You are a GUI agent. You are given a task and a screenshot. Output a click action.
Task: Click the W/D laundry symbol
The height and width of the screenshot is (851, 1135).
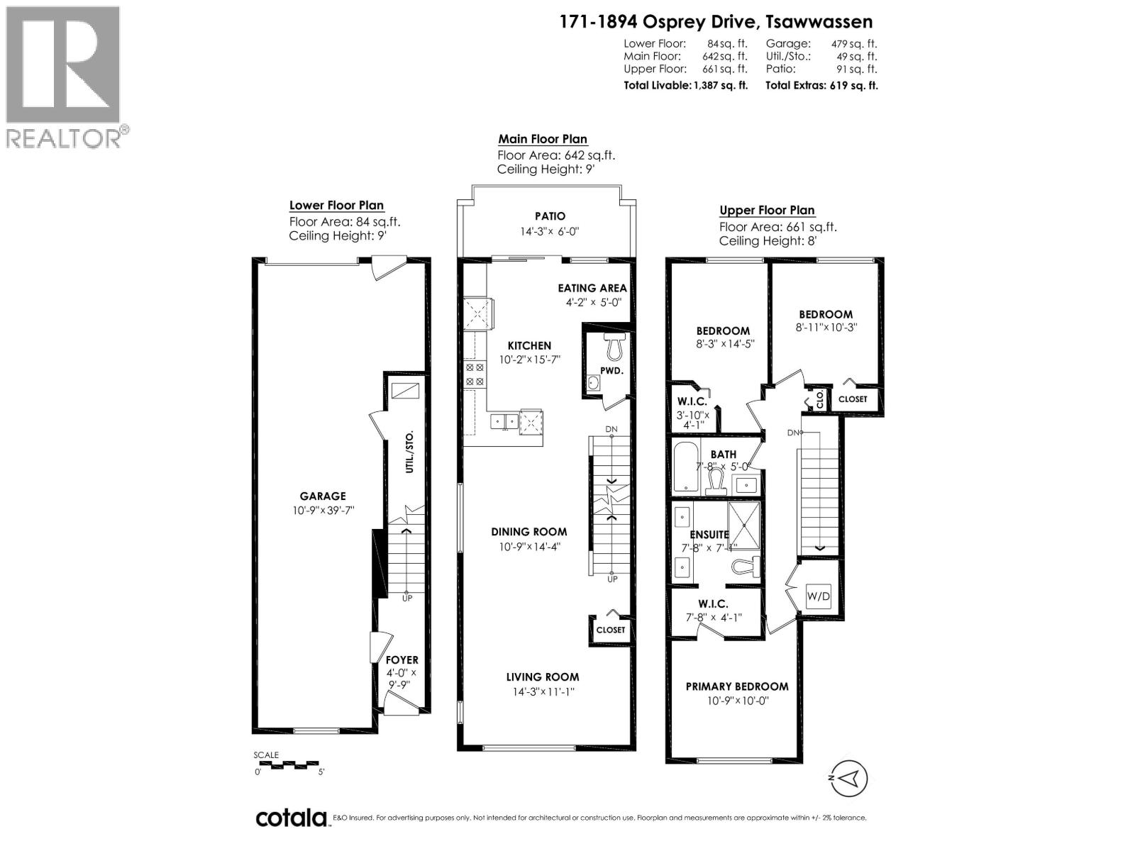pyautogui.click(x=818, y=596)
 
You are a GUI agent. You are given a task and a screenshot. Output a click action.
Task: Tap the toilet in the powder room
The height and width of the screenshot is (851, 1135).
pyautogui.click(x=614, y=347)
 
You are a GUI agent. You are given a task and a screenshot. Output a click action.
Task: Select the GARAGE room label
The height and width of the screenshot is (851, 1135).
pyautogui.click(x=323, y=496)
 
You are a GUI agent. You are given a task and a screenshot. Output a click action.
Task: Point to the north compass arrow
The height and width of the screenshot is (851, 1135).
pyautogui.click(x=849, y=778)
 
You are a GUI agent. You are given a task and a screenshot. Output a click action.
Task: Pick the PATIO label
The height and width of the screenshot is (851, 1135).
pyautogui.click(x=550, y=216)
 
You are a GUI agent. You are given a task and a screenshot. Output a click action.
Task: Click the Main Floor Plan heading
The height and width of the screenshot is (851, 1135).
pyautogui.click(x=543, y=139)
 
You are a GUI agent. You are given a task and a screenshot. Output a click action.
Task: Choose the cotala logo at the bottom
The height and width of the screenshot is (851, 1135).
pyautogui.click(x=291, y=818)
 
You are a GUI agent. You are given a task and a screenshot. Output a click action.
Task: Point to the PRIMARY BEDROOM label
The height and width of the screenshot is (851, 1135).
pyautogui.click(x=737, y=686)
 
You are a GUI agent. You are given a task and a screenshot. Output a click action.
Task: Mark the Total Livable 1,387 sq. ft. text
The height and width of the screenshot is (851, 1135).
pyautogui.click(x=686, y=85)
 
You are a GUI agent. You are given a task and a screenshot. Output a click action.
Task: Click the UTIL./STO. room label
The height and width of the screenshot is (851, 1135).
pyautogui.click(x=409, y=452)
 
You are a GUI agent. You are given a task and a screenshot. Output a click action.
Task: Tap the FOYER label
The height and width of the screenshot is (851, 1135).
pyautogui.click(x=402, y=660)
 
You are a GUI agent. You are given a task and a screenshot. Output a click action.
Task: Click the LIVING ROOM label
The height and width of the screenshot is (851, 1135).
pyautogui.click(x=543, y=677)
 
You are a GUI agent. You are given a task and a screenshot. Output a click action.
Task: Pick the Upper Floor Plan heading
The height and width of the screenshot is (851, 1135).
pyautogui.click(x=767, y=210)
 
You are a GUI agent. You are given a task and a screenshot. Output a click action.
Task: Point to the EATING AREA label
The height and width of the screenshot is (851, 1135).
pyautogui.click(x=592, y=288)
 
